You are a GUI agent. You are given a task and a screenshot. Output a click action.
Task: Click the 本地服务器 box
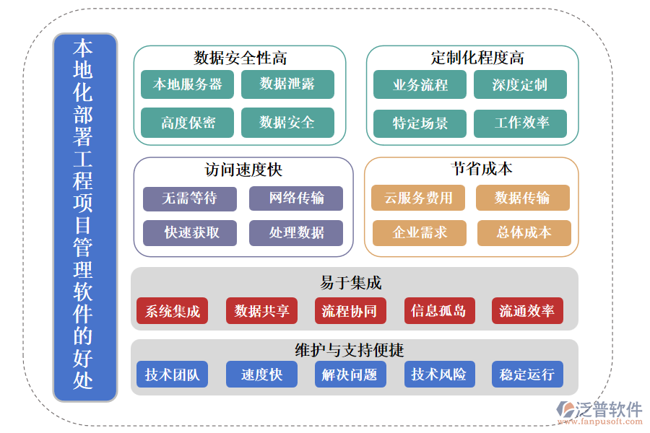(187, 84)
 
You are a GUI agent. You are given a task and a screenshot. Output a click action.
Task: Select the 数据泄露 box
(287, 84)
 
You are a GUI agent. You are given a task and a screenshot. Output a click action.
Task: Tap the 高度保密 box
(187, 123)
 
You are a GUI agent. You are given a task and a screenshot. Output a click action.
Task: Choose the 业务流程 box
(420, 84)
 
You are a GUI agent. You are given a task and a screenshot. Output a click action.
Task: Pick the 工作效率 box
(520, 123)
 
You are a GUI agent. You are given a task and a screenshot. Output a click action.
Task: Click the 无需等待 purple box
(189, 198)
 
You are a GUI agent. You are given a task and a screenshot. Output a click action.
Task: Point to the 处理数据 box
(296, 232)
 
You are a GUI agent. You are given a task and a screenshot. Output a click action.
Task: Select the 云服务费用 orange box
(418, 198)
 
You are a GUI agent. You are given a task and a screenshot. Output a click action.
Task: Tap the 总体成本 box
(524, 232)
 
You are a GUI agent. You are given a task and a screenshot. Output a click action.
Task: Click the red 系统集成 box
(172, 311)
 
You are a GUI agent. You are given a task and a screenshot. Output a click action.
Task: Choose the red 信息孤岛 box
(438, 311)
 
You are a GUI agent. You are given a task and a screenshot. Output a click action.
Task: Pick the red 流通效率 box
(526, 311)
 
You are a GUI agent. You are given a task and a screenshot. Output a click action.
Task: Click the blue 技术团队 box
(172, 375)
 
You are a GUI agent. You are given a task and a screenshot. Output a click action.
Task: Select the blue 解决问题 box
(350, 375)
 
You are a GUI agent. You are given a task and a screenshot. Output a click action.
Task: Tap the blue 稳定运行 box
(526, 375)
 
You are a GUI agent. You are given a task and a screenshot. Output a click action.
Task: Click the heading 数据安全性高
(240, 58)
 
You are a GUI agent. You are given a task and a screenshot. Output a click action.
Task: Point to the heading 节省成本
(471, 169)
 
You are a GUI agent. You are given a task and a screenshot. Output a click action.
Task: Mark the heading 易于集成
(350, 282)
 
